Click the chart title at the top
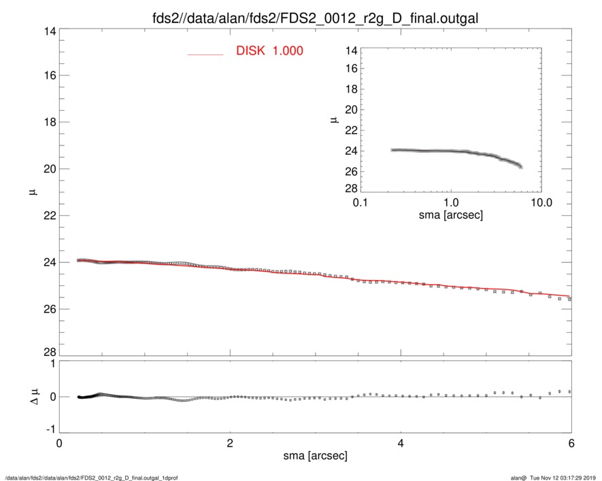[314, 18]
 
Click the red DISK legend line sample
[205, 54]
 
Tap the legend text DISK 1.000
[269, 52]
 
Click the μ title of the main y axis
[33, 192]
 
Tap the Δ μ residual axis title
[35, 396]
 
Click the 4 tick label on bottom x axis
[401, 444]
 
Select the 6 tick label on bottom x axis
[571, 444]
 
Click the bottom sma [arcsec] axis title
[315, 455]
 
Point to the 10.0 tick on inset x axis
[540, 203]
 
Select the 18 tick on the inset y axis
[352, 90]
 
